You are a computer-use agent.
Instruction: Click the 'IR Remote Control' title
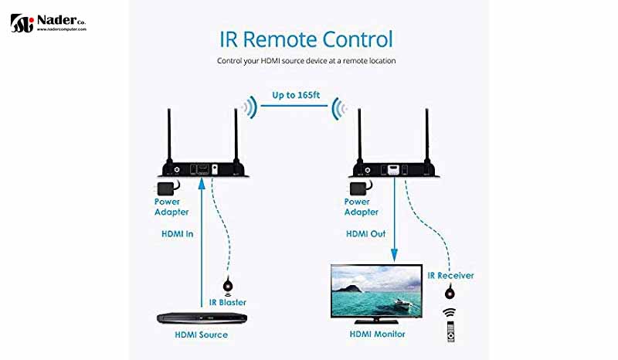(x=306, y=39)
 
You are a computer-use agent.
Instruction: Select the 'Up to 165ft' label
(x=294, y=96)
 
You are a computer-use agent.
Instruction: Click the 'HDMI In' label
(x=178, y=233)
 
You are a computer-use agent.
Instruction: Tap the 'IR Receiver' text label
(x=450, y=275)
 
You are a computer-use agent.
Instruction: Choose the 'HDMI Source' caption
(x=203, y=335)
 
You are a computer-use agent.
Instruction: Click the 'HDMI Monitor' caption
(x=378, y=334)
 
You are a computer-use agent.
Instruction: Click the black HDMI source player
(x=202, y=318)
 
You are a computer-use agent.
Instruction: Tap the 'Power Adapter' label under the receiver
(x=361, y=207)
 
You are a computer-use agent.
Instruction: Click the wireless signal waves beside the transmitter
(x=247, y=107)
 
